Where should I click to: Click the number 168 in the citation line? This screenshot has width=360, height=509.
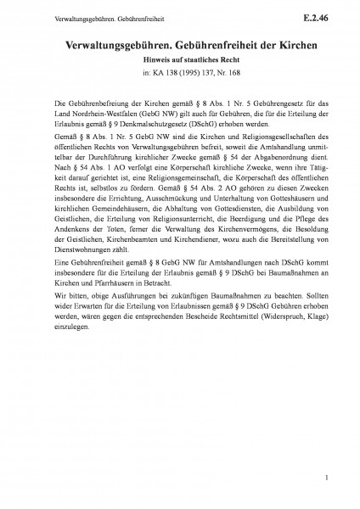(x=219, y=72)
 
